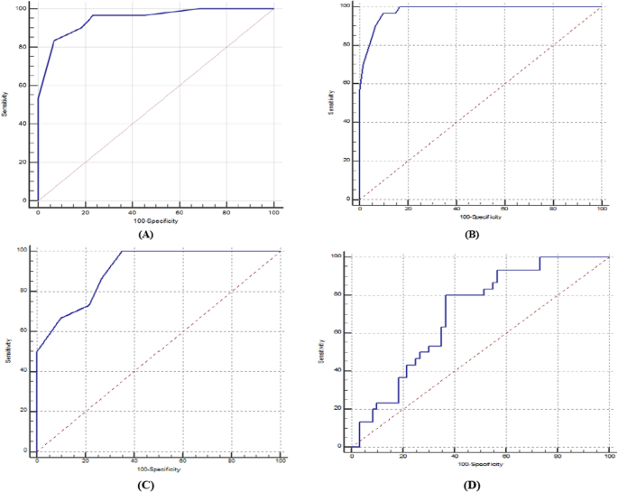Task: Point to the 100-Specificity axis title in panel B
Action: coord(480,218)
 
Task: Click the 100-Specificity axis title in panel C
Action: coord(158,469)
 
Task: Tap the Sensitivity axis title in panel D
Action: coord(321,352)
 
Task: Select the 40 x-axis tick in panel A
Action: coord(132,212)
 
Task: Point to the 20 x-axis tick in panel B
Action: coord(409,209)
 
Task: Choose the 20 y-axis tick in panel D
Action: coord(338,408)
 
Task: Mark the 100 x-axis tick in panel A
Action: coord(273,212)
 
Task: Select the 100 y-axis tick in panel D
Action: coord(337,256)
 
